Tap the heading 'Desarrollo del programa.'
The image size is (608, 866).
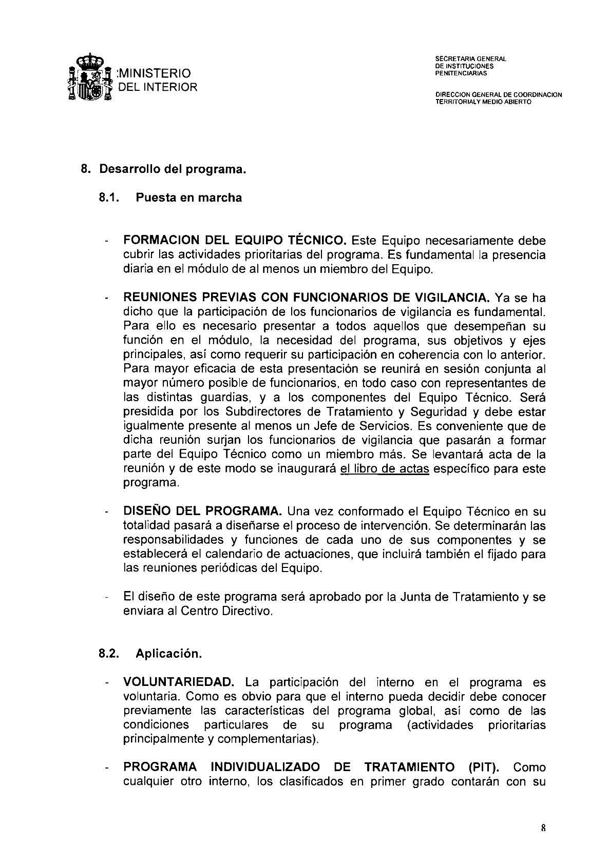pos(173,169)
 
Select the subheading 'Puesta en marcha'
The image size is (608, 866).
pos(188,198)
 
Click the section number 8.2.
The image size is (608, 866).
pos(109,654)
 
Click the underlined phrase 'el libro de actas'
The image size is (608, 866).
pos(384,468)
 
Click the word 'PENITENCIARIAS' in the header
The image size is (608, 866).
pos(461,73)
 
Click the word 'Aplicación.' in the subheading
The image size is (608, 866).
pos(169,654)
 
